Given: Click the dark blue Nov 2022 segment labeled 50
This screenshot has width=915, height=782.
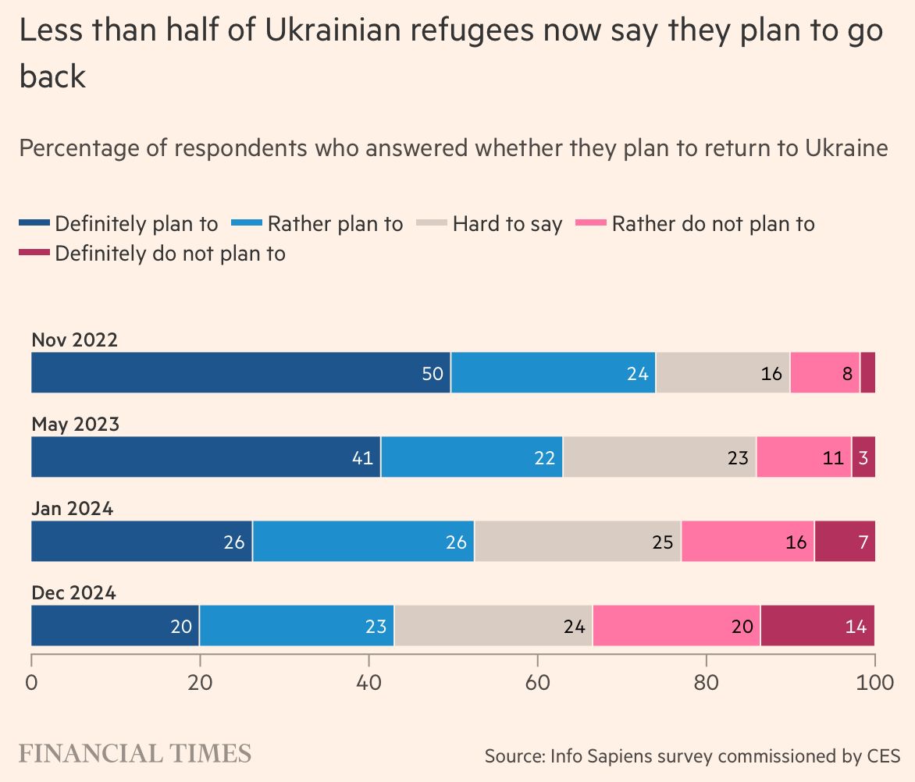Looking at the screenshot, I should click(240, 372).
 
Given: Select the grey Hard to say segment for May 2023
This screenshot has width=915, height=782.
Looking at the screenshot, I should click(660, 457).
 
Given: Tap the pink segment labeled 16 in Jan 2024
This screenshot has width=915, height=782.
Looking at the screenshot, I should click(748, 541).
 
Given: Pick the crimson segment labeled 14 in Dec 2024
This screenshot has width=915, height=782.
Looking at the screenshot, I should click(817, 625).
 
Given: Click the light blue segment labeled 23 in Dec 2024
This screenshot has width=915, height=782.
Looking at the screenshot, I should click(297, 625).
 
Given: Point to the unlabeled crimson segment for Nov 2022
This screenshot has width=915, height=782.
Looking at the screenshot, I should click(867, 372).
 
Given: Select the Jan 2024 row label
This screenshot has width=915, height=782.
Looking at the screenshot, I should click(73, 508).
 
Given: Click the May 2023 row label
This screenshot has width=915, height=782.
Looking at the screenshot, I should click(75, 424).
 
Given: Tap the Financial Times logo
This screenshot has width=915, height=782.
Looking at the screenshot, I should click(134, 753).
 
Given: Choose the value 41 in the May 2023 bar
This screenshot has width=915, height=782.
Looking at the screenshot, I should click(362, 457).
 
